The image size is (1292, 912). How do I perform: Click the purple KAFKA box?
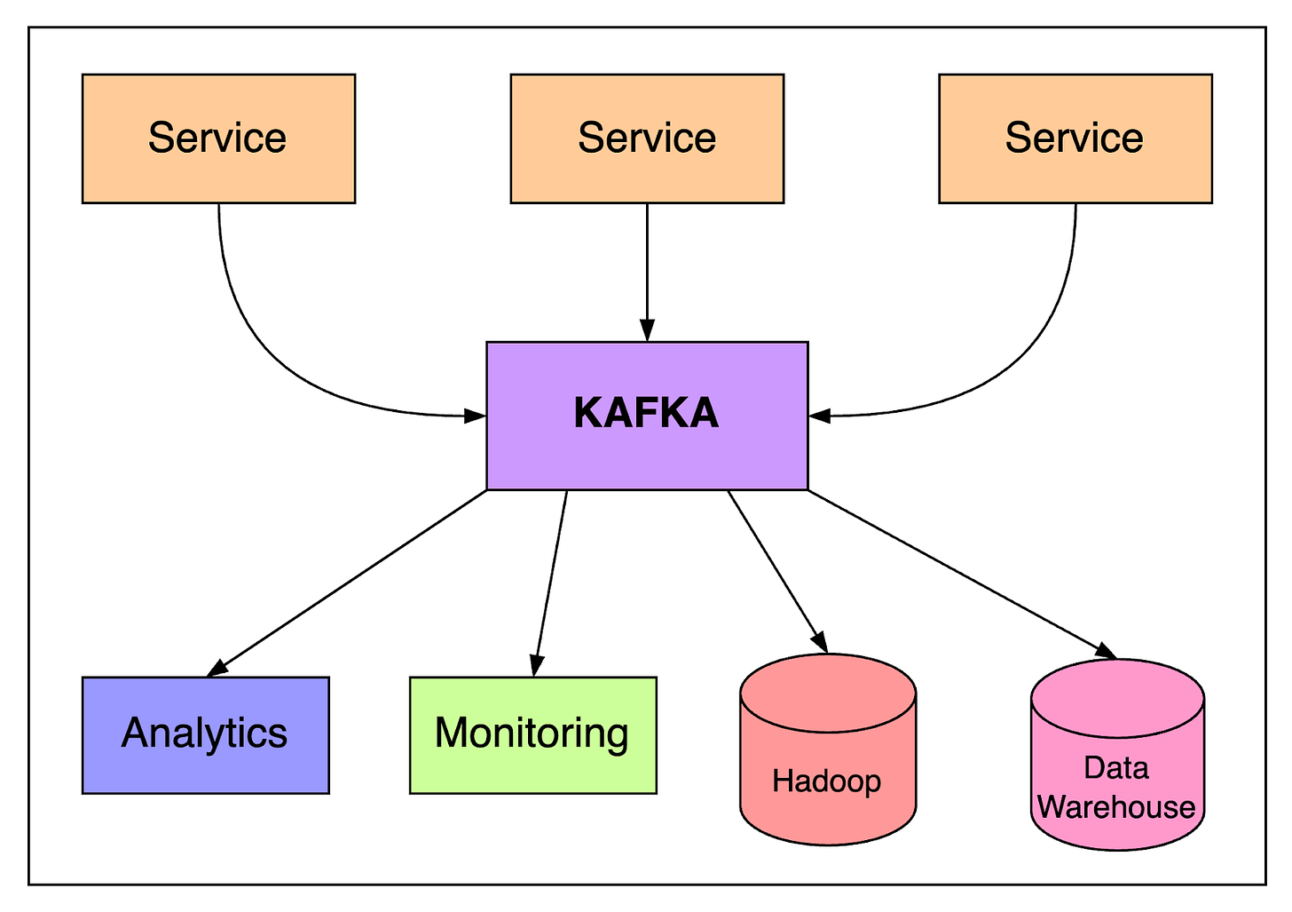point(647,416)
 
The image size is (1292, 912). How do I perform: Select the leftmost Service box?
point(218,139)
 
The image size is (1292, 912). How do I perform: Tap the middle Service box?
point(647,139)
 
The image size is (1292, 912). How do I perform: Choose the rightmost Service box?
point(1075,139)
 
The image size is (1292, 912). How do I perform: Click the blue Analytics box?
point(206,735)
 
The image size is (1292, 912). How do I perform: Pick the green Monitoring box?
point(533,735)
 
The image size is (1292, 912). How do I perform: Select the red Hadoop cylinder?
point(828,749)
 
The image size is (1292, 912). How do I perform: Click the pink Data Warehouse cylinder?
point(1118,755)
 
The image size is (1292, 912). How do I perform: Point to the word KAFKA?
point(647,413)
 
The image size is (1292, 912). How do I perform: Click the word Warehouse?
point(1116,806)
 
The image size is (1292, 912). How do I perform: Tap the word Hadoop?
point(826,781)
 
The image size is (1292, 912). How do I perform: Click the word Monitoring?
point(532,734)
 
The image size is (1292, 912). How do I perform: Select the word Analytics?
point(204,734)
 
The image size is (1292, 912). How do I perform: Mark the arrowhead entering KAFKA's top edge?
point(647,330)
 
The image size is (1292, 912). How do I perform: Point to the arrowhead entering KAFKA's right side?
point(820,416)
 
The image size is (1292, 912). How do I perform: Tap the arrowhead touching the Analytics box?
point(217,669)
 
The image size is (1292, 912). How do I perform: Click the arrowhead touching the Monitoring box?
point(537,665)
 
